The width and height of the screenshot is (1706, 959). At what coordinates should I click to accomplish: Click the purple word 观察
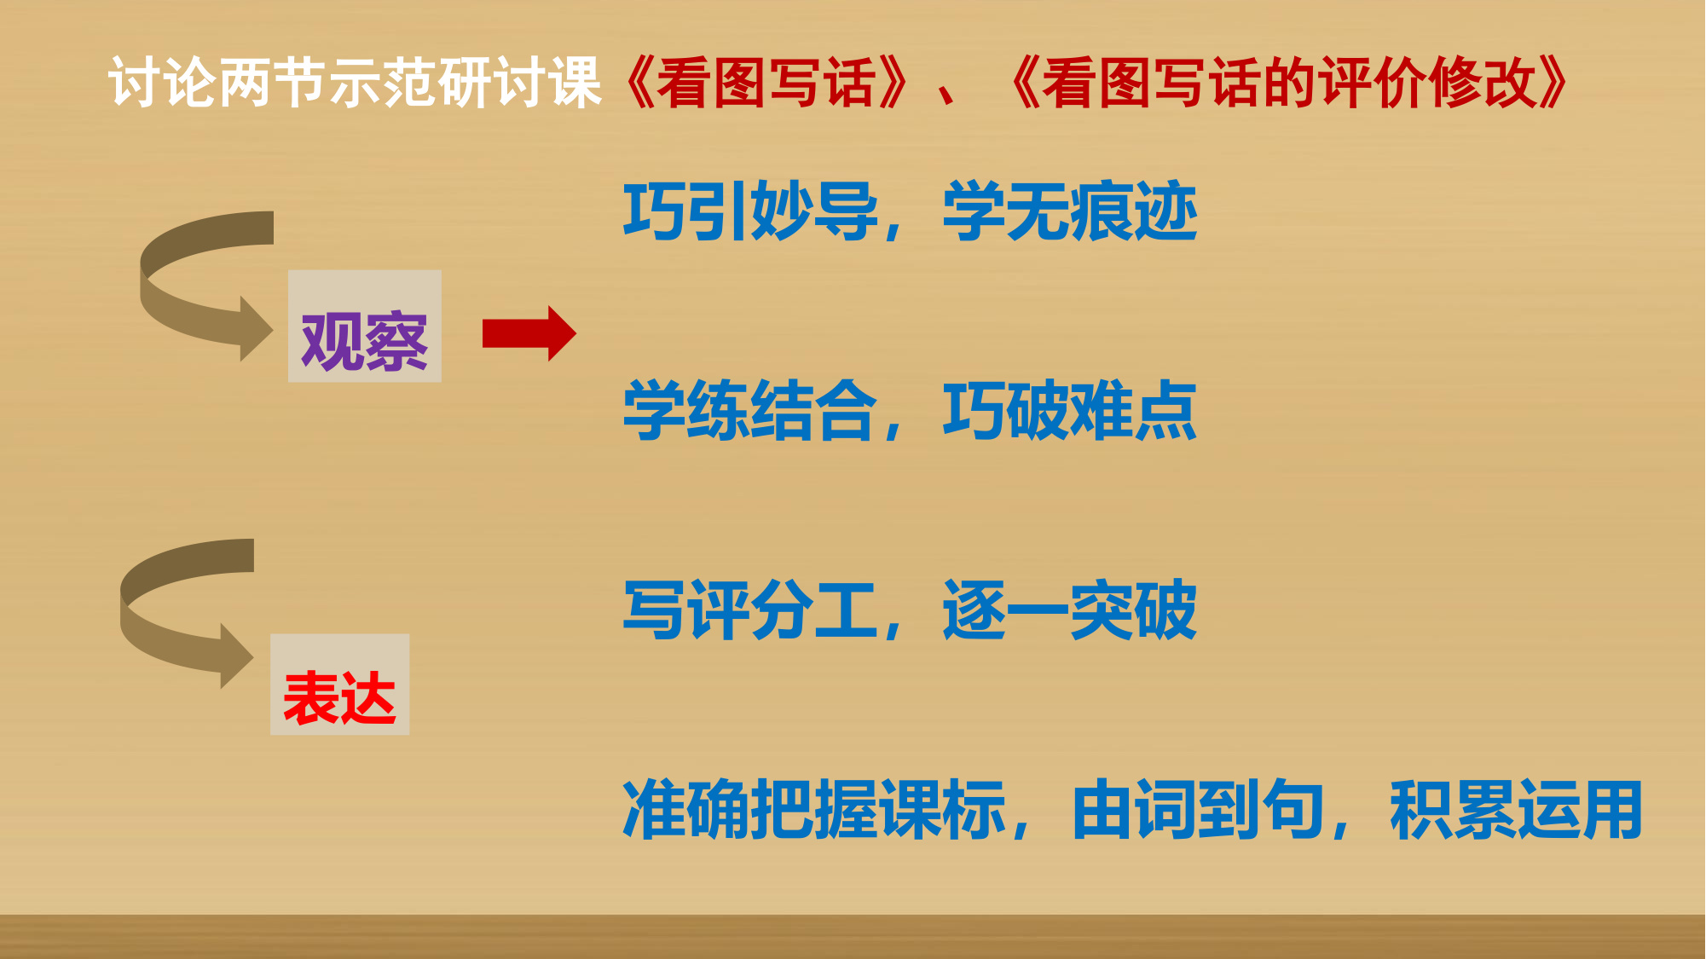pyautogui.click(x=364, y=342)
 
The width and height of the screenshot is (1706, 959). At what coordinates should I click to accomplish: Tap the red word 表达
pyautogui.click(x=339, y=698)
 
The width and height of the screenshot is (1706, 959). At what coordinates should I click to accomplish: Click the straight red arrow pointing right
pyautogui.click(x=529, y=333)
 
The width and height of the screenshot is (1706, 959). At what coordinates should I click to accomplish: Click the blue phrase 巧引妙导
pyautogui.click(x=750, y=211)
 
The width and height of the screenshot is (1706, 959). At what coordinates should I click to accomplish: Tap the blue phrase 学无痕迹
pyautogui.click(x=1070, y=211)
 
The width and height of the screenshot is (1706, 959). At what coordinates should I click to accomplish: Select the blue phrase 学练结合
pyautogui.click(x=750, y=411)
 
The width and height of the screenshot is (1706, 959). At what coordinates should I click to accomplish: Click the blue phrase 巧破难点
pyautogui.click(x=1070, y=411)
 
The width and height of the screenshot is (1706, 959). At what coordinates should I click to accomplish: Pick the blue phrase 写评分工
pyautogui.click(x=750, y=609)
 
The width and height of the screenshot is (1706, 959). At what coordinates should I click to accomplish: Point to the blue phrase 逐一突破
pyautogui.click(x=1070, y=609)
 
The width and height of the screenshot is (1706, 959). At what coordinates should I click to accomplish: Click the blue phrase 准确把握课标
pyautogui.click(x=814, y=810)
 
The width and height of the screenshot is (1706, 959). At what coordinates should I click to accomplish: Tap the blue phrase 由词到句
pyautogui.click(x=1198, y=810)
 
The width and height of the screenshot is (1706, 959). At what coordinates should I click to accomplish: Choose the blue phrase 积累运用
pyautogui.click(x=1516, y=810)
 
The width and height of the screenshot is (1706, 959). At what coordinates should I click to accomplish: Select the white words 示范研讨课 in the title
pyautogui.click(x=466, y=83)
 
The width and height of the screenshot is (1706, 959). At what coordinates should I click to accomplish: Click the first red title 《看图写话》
pyautogui.click(x=766, y=83)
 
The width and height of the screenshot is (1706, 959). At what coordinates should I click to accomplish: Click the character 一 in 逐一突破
pyautogui.click(x=1038, y=610)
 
